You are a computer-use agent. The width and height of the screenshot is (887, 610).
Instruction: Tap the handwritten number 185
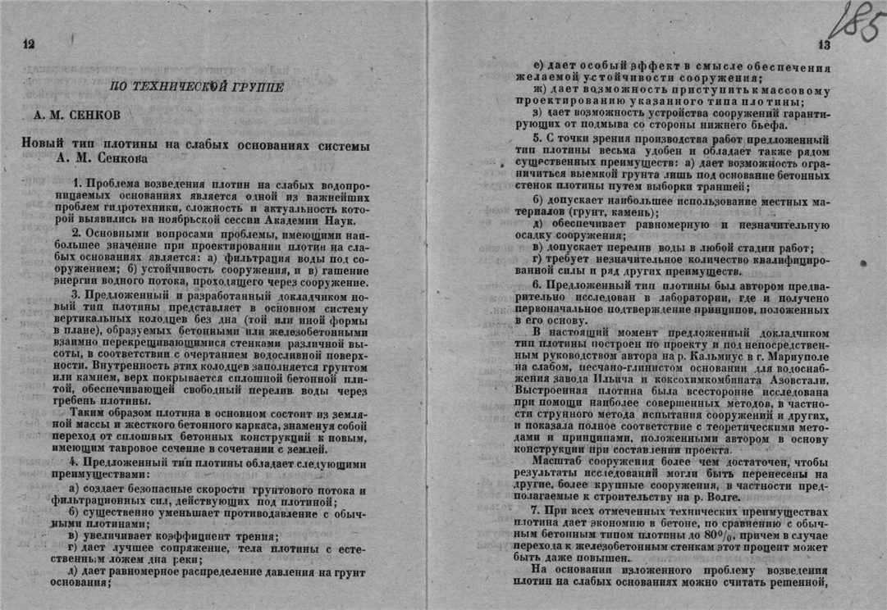coord(854,23)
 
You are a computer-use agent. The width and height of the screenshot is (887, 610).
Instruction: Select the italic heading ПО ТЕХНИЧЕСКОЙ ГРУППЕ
coord(197,86)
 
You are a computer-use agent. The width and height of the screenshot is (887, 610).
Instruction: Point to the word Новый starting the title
coord(43,144)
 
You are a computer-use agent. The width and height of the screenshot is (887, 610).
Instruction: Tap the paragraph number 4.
coord(74,461)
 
